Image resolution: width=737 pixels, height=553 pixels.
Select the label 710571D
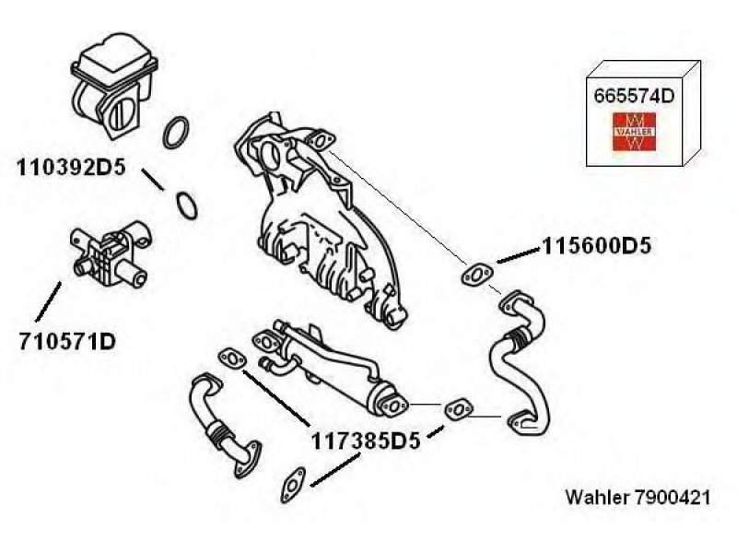67,342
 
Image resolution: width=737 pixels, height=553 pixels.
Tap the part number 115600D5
596,246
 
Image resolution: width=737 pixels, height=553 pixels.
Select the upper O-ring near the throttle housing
176,132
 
